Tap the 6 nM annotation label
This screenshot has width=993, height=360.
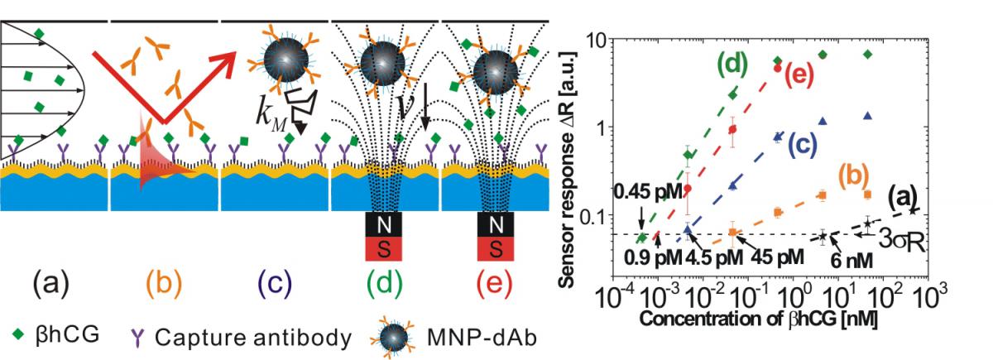tap(851, 260)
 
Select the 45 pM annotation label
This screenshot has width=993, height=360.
tap(777, 257)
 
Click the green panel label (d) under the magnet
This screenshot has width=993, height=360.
tap(384, 284)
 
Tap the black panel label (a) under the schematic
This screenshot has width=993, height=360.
tap(51, 284)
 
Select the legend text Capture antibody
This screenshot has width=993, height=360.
tap(253, 338)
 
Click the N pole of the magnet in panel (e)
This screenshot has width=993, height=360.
tap(496, 225)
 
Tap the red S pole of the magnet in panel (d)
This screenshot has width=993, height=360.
tap(384, 249)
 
